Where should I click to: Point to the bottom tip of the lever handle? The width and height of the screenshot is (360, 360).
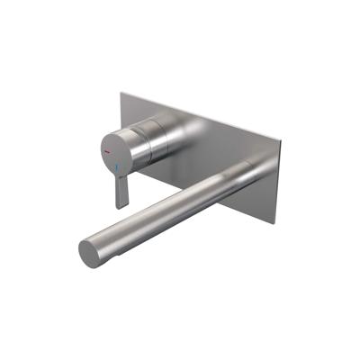click(119, 206)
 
